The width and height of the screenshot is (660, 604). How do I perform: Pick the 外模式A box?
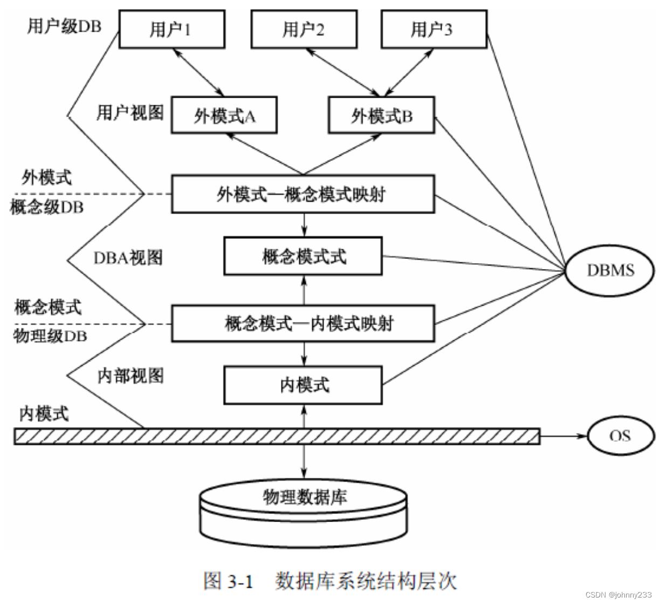click(x=224, y=115)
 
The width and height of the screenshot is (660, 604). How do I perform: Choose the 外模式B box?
click(x=381, y=115)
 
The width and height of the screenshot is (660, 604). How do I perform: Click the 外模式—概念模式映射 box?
click(x=302, y=194)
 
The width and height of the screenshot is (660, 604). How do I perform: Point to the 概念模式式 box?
click(x=303, y=256)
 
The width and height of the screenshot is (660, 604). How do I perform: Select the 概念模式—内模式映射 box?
click(x=302, y=324)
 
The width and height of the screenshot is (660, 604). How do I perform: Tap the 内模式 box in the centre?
click(x=303, y=385)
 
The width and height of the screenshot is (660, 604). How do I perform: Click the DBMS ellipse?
click(x=610, y=270)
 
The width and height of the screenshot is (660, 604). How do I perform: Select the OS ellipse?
click(x=620, y=436)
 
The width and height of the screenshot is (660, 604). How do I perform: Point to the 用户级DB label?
click(x=64, y=26)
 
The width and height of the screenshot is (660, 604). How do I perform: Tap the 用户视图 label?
click(x=130, y=113)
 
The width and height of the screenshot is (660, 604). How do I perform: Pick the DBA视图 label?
click(x=128, y=258)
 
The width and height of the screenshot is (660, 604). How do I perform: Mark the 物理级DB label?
click(x=50, y=336)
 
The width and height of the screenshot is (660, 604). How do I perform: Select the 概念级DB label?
click(x=47, y=207)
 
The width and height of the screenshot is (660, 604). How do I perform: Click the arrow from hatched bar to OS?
click(x=563, y=436)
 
